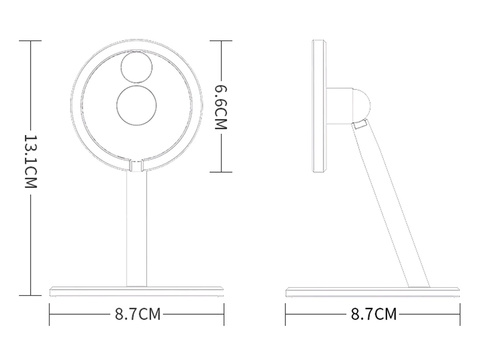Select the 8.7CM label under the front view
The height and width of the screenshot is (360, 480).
137,314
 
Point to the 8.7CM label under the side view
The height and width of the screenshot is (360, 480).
372,314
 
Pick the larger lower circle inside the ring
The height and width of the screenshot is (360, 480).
136,109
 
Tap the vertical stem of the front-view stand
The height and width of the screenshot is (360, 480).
135,230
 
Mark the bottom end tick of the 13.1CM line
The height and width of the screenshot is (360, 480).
29,297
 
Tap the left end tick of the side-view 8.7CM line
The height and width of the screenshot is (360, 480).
286,314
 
